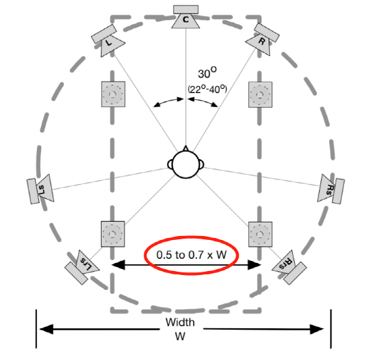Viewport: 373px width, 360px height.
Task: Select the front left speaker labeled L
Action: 108,40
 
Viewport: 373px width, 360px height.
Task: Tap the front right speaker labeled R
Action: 263,39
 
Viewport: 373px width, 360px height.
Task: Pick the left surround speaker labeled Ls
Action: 40,189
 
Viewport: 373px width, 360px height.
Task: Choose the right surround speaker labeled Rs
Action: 331,189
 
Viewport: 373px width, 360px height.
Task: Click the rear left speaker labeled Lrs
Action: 82,267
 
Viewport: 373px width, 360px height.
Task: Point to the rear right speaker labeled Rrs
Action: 289,267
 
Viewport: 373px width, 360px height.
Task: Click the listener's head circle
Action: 186,164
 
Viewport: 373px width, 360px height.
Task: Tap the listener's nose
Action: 186,148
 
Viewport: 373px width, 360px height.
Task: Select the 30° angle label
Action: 207,72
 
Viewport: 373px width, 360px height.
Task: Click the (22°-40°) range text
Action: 207,89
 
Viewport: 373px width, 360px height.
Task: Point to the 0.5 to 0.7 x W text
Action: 191,255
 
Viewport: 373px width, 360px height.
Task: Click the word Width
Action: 180,322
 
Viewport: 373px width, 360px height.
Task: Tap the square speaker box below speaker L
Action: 113,94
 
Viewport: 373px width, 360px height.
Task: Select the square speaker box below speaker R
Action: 261,94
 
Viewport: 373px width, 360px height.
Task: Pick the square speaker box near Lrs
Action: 112,234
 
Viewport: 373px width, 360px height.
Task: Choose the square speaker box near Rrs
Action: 261,235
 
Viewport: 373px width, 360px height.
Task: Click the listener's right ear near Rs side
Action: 202,164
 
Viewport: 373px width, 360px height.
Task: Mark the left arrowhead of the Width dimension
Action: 46,329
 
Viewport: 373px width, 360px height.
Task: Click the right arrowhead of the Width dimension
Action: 317,329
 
